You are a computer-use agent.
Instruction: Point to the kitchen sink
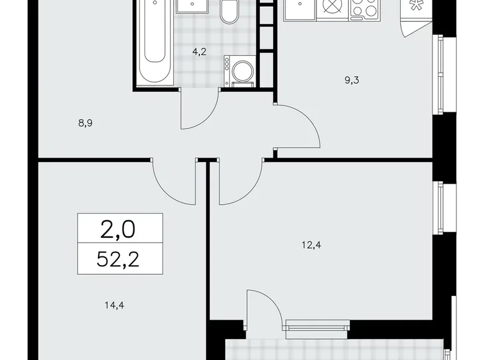click(x=302, y=9)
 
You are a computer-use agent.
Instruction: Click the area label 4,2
click(x=199, y=53)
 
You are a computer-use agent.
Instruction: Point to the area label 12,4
click(x=312, y=245)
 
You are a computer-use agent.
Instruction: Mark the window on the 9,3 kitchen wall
click(x=440, y=74)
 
